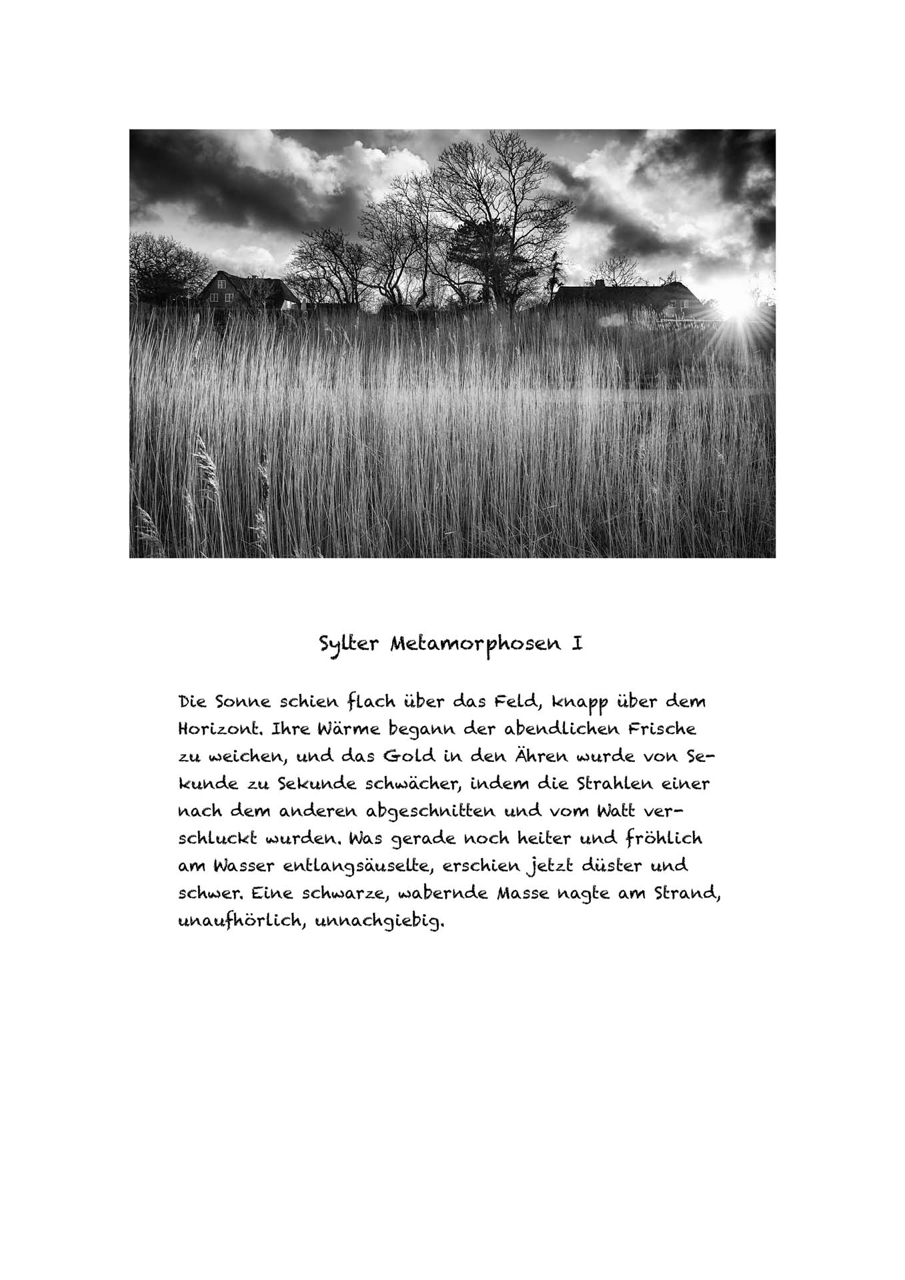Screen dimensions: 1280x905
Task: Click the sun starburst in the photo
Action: pos(733,309)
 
